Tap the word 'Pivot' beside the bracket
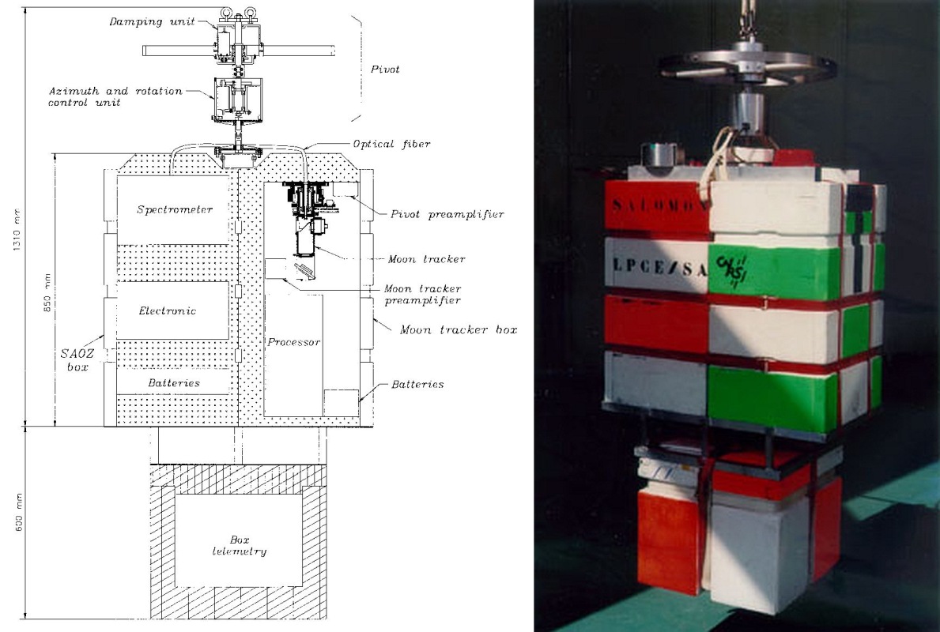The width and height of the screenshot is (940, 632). coord(385,70)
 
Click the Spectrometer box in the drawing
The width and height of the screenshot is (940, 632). coord(173,209)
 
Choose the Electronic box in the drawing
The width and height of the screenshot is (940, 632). coord(173,310)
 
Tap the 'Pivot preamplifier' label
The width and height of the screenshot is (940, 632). coord(447,214)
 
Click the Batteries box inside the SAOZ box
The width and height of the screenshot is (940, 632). coord(173,382)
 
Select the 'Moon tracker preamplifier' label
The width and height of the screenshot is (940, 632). coord(423,295)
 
